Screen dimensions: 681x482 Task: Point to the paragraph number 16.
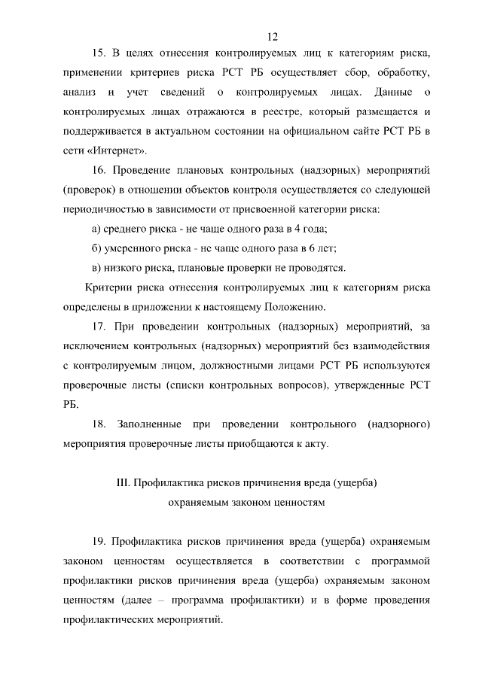pos(98,170)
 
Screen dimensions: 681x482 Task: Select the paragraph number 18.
pos(98,424)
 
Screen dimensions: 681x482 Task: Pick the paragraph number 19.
pos(98,541)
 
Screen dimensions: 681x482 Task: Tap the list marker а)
pos(96,228)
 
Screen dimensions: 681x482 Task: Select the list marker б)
pos(96,248)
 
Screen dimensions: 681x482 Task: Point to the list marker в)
pos(96,267)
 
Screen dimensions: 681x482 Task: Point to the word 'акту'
pos(314,443)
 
